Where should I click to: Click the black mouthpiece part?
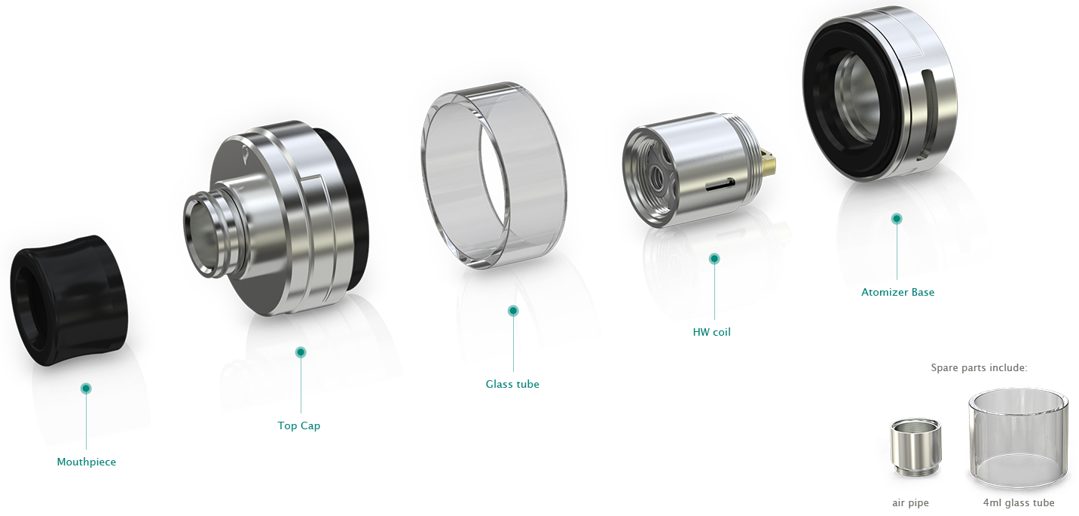pos(69,300)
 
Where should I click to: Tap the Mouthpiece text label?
pos(86,462)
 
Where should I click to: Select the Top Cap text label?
pos(298,425)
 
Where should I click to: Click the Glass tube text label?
pos(512,384)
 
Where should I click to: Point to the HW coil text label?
pos(711,332)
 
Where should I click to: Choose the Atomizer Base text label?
pos(898,292)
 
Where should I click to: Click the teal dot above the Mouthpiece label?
pos(86,389)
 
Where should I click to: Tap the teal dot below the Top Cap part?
pos(301,352)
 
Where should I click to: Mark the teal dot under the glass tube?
pos(513,311)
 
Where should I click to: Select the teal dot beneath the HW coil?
pos(714,259)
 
